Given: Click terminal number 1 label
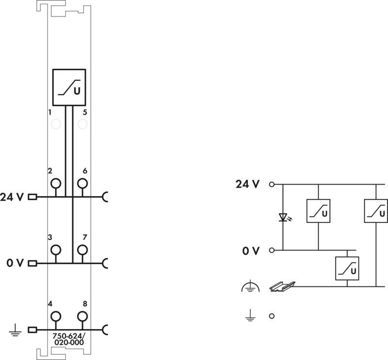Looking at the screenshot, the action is (x=50, y=112).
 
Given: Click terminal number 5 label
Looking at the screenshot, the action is (x=85, y=112).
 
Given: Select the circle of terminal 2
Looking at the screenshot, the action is (x=56, y=184).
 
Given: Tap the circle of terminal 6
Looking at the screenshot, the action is (x=82, y=184).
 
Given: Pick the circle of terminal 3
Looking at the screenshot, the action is (x=56, y=250).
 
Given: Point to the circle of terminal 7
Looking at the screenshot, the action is (x=82, y=250).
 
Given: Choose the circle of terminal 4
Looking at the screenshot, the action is (x=56, y=316).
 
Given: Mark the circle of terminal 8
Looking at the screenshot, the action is (x=82, y=316).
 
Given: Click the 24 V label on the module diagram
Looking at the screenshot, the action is (x=12, y=197).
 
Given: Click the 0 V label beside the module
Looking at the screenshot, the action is (x=15, y=263).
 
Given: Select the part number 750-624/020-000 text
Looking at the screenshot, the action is (x=69, y=339).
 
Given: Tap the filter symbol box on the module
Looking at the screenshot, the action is (x=69, y=87).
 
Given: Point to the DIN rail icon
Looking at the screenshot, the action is (x=282, y=287).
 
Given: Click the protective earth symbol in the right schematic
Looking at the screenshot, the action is (x=250, y=286).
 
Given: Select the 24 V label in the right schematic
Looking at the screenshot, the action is (x=247, y=184).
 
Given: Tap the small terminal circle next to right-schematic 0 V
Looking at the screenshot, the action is (x=272, y=250).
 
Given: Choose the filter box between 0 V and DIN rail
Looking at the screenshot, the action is (x=347, y=268).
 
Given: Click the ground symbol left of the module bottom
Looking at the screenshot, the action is (x=16, y=330).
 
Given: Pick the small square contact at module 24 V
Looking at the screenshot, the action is (x=32, y=197).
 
